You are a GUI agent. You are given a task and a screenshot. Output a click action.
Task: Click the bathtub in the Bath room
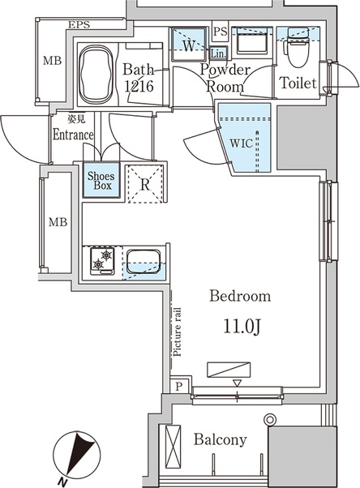96,75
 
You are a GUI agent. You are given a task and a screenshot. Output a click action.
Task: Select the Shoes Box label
101,181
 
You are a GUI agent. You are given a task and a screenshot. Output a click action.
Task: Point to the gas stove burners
102,261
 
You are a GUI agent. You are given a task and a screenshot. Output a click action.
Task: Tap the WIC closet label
241,143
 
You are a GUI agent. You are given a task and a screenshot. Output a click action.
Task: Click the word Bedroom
240,296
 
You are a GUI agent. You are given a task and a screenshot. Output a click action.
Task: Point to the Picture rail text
177,332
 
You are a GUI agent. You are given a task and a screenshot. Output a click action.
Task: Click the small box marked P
178,386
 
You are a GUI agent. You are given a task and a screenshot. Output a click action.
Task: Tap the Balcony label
221,439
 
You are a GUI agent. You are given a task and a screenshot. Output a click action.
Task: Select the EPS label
79,24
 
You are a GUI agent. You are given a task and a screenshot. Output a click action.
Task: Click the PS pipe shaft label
221,32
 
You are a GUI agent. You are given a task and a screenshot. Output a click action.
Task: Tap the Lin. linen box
218,54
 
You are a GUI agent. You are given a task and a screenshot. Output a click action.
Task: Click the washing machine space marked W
188,45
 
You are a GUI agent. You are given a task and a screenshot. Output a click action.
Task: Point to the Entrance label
73,135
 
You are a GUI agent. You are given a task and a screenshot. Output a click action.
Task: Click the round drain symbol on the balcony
270,420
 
